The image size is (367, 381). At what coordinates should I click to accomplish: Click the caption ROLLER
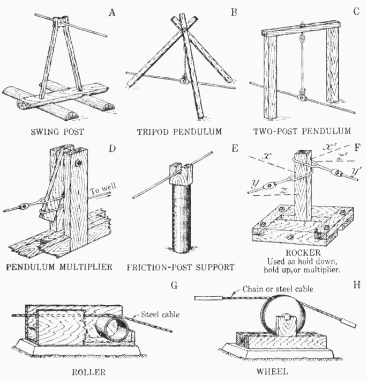coord(89,370)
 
